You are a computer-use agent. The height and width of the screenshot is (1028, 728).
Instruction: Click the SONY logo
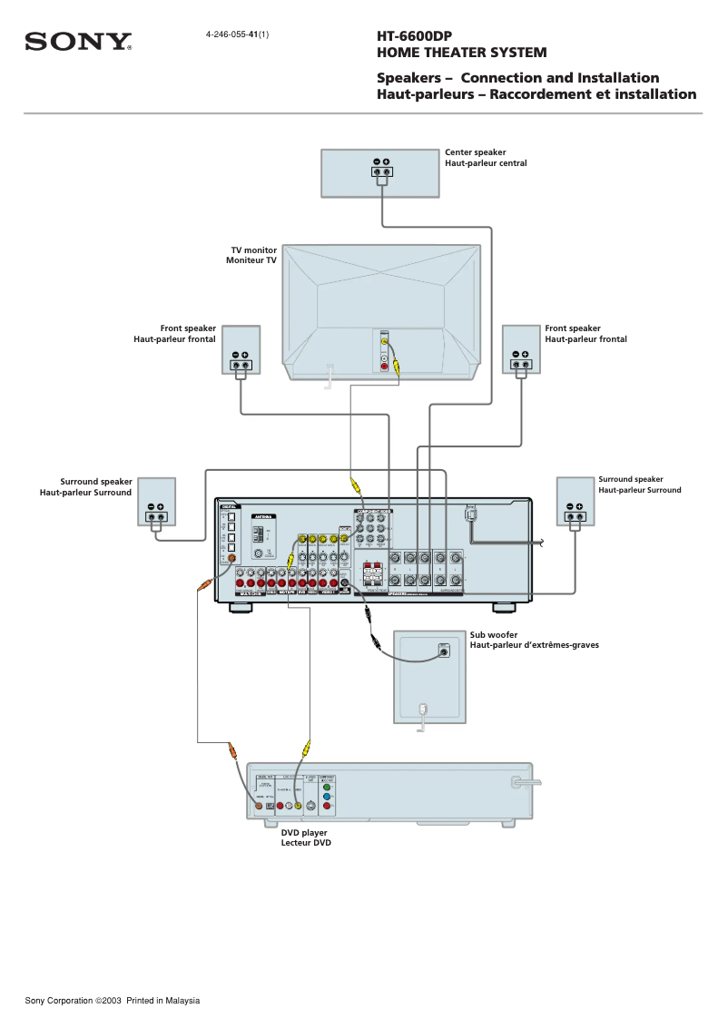pos(78,42)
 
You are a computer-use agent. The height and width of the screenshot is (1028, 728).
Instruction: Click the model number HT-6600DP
pos(414,36)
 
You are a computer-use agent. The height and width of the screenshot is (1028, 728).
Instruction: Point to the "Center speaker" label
pos(475,152)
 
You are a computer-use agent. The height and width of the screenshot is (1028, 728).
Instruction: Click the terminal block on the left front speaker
pos(240,366)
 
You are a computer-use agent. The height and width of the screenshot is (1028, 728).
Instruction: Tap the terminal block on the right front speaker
pos(520,366)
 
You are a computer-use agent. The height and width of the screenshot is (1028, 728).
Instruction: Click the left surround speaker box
pos(157,502)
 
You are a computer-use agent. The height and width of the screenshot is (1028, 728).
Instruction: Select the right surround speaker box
pos(576,501)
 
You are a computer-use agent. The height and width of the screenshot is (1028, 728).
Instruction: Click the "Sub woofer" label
pos(491,635)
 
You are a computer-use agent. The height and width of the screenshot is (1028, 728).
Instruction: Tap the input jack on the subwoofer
pos(443,650)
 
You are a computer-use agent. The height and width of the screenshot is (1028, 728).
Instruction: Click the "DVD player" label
pos(304,832)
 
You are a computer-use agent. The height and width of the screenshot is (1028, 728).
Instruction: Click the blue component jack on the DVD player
pos(327,797)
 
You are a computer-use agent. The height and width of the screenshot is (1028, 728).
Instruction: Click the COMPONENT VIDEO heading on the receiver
pos(372,512)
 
